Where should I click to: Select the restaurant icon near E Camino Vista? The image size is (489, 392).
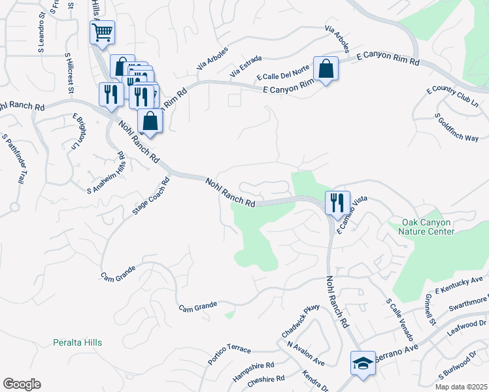click(337, 203)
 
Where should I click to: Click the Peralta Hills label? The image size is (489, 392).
click(78, 342)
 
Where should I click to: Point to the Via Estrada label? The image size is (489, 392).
click(243, 71)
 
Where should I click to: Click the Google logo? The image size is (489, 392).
click(22, 384)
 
